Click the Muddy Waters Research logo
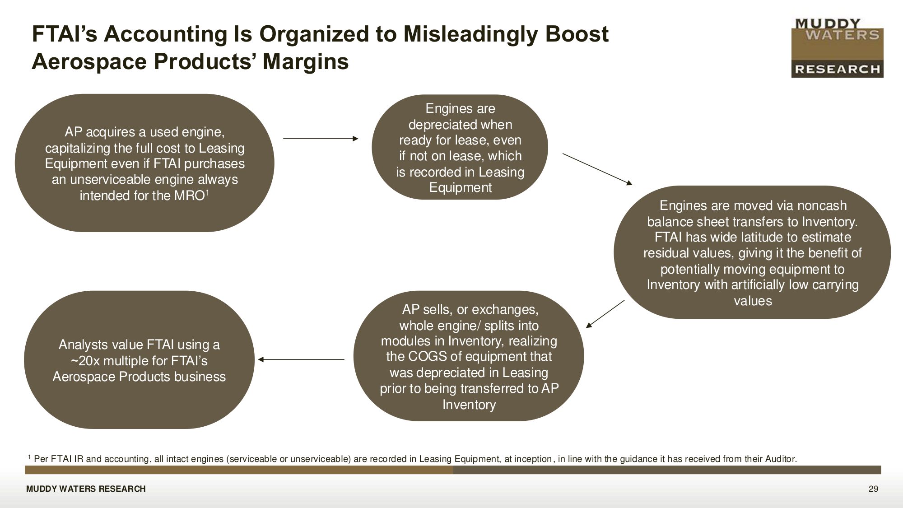pyautogui.click(x=837, y=48)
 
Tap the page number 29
pyautogui.click(x=873, y=489)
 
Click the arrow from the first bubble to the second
pyautogui.click(x=321, y=139)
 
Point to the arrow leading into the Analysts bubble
pyautogui.click(x=301, y=359)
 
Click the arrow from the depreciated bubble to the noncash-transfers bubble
pyautogui.click(x=597, y=169)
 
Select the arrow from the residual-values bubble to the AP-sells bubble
pyautogui.click(x=605, y=314)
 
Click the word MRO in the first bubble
pyautogui.click(x=189, y=196)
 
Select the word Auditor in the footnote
pyautogui.click(x=781, y=459)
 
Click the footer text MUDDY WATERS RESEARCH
pyautogui.click(x=86, y=489)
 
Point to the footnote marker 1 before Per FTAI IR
pyautogui.click(x=29, y=457)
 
